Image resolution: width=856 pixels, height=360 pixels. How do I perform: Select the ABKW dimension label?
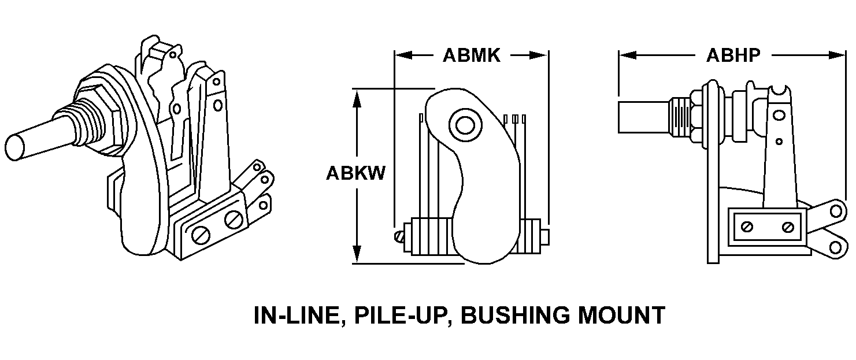355,173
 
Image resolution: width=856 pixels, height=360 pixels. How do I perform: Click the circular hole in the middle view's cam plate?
464,125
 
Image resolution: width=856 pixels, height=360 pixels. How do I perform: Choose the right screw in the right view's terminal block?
788,227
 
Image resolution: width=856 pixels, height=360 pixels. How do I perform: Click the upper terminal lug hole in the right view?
835,210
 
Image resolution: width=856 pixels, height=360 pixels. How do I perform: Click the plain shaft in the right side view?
642,116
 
